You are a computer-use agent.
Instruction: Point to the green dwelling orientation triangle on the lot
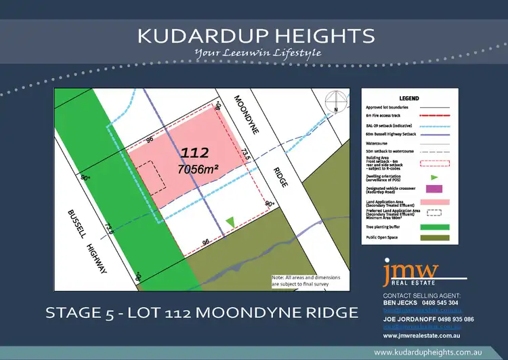(x=230, y=222)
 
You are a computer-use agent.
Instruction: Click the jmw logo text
(x=410, y=271)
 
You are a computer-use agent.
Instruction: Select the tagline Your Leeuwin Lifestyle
(x=257, y=53)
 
